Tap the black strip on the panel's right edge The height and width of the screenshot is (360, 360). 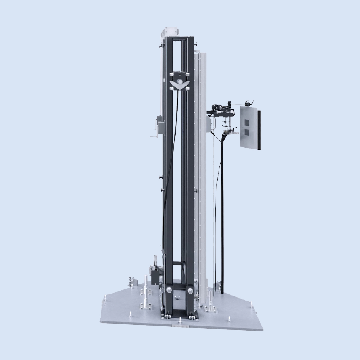[259, 130]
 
